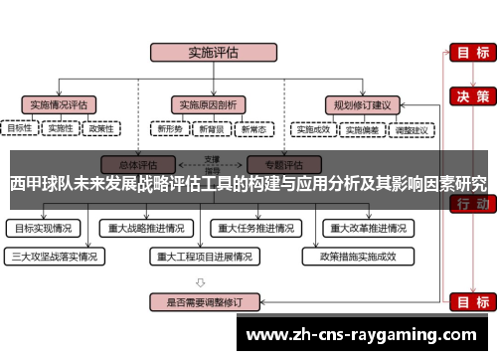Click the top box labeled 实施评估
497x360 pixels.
tap(205, 52)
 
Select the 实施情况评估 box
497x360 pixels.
tap(61, 103)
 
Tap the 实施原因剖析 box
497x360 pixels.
tap(207, 103)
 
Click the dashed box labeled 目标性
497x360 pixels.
tap(20, 129)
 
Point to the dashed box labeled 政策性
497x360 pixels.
tap(101, 129)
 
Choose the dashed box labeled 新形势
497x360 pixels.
tap(168, 129)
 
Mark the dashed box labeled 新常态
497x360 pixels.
tap(250, 129)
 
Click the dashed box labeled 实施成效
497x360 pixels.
tap(313, 129)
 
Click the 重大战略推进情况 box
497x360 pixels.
tap(147, 228)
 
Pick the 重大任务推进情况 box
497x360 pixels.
tap(256, 228)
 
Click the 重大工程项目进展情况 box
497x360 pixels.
tap(205, 256)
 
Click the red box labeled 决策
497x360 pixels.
tap(469, 96)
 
